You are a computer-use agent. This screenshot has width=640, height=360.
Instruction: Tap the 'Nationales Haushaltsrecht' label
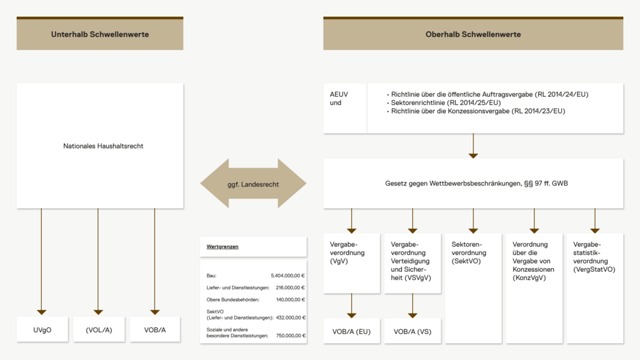tap(103, 146)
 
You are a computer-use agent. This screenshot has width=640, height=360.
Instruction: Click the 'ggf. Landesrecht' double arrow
tap(253, 184)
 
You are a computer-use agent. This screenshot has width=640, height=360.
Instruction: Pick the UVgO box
tap(42, 329)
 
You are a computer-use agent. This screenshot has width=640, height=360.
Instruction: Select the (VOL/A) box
tap(99, 329)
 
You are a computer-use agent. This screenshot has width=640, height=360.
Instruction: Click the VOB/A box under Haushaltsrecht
tap(155, 329)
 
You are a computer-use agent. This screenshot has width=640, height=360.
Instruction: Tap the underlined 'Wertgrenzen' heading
tap(222, 246)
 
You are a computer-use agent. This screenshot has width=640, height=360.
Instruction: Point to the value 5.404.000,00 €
tap(288, 275)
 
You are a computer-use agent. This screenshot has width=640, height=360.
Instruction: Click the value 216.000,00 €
tap(290, 288)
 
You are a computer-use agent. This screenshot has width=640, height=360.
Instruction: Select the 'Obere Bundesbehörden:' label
tap(233, 300)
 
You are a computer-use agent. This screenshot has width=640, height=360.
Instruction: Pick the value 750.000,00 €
tap(290, 335)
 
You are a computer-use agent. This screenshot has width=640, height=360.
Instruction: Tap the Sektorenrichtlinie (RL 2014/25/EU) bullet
tap(444, 103)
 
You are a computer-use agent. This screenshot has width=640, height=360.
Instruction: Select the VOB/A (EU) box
tap(351, 331)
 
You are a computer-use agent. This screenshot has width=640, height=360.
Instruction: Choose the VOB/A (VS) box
tap(412, 331)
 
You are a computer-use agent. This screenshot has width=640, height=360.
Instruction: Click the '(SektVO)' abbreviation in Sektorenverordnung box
tap(466, 261)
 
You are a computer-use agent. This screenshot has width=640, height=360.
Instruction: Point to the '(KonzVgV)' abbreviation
tap(529, 278)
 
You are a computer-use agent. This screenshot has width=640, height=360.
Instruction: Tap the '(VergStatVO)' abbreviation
tap(594, 269)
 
